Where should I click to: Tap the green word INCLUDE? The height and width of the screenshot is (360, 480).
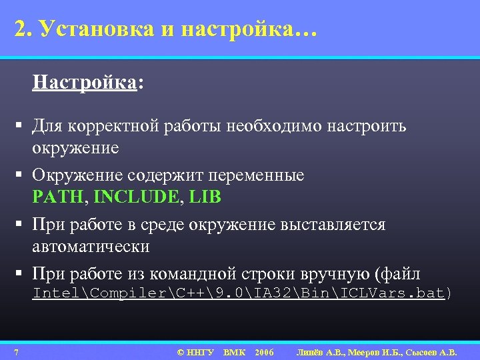[x=136, y=197]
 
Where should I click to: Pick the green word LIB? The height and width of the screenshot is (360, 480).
[x=205, y=197]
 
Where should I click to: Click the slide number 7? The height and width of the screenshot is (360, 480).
[x=15, y=352]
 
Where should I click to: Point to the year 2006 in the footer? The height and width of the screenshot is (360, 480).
[x=264, y=352]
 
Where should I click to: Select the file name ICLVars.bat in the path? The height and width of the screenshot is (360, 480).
[x=404, y=293]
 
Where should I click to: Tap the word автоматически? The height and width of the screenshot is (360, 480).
[x=91, y=247]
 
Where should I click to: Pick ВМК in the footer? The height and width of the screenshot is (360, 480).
[x=234, y=352]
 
